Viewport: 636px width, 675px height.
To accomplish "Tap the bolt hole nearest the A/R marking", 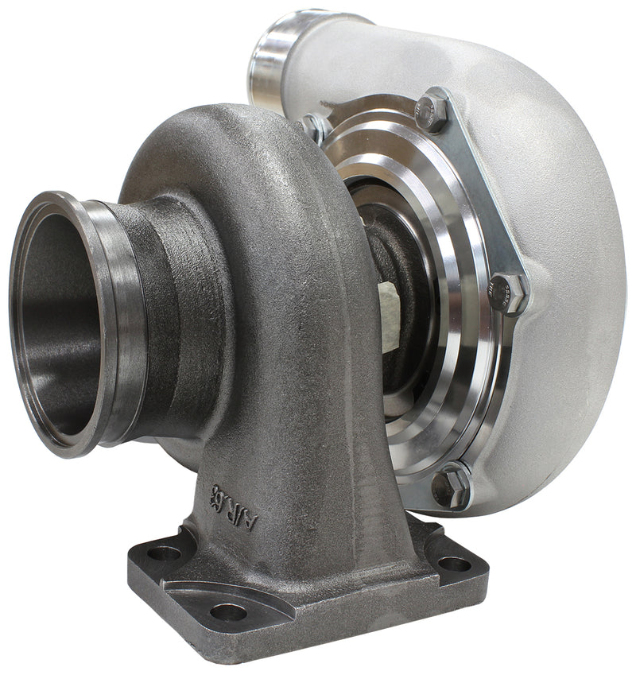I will point(165,552).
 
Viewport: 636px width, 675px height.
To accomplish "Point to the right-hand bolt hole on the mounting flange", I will point(454,564).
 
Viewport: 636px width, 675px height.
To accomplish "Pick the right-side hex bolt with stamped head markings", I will point(506,292).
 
